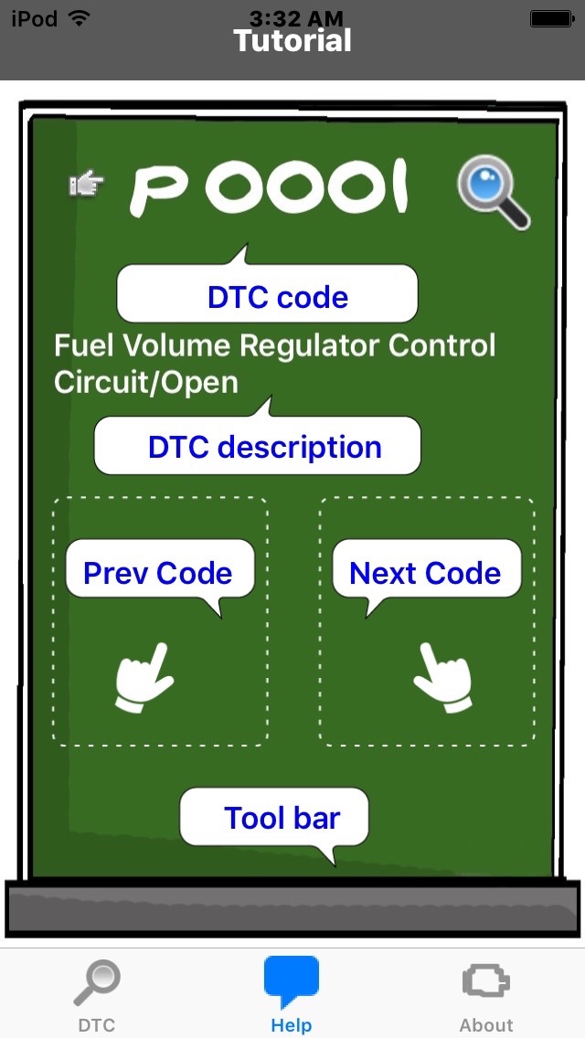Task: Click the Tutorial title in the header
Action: (x=292, y=41)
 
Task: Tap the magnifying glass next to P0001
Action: (x=494, y=192)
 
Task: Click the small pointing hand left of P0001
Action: (x=86, y=184)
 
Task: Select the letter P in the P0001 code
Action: (x=158, y=191)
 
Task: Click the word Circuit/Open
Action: (x=145, y=383)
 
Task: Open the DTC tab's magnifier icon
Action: (x=97, y=982)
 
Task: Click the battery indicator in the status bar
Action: (x=551, y=19)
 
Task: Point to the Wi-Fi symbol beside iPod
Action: (x=79, y=18)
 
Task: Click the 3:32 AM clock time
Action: (x=296, y=18)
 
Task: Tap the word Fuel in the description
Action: (x=77, y=345)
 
